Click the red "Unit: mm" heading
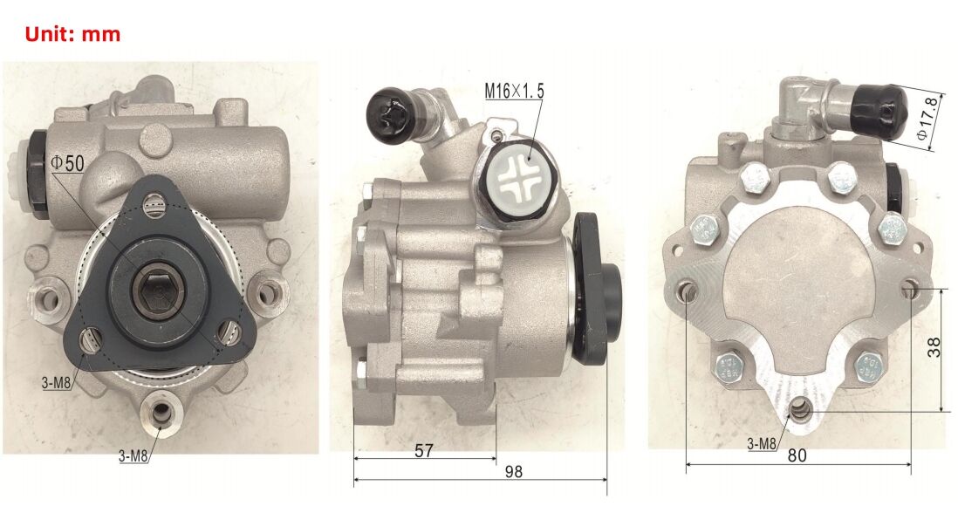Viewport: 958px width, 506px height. coord(72,33)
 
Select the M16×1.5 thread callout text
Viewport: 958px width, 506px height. coord(514,91)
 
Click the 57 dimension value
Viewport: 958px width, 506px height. coord(423,450)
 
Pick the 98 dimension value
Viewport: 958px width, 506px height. coord(514,471)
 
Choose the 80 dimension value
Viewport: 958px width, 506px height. coord(796,455)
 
